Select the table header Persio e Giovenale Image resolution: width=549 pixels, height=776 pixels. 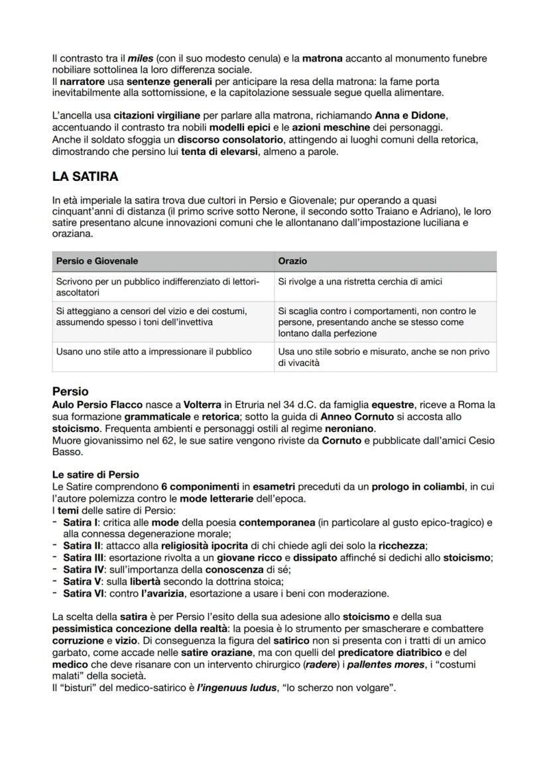coord(97,261)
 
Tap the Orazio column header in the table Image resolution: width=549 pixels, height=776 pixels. coord(292,261)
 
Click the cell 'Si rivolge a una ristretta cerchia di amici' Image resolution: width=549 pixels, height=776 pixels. coord(360,282)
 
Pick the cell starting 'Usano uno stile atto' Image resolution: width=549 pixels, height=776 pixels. coord(153,351)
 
